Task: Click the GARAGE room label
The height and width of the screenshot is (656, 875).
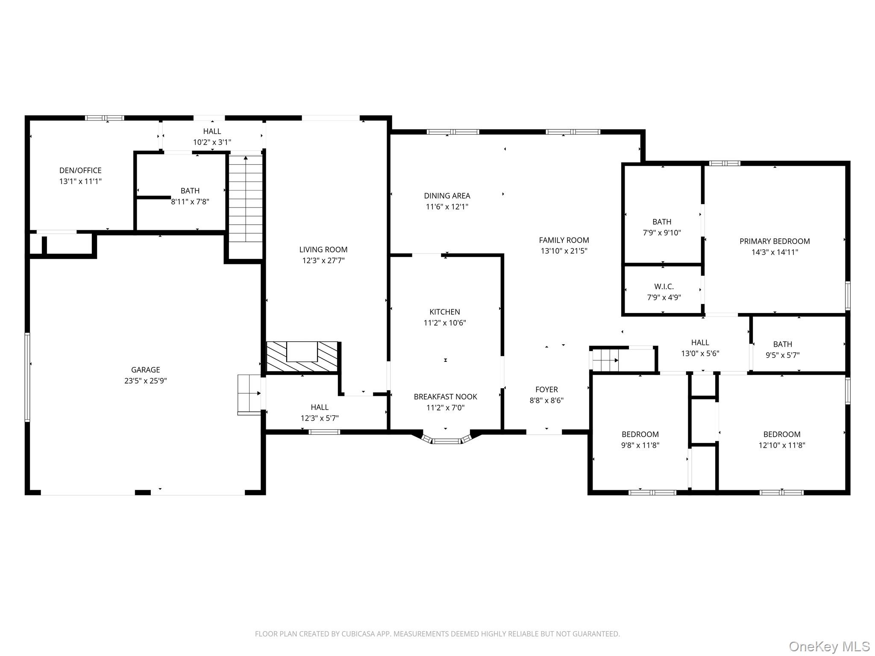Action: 145,370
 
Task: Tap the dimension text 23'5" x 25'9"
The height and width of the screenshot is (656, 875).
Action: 145,381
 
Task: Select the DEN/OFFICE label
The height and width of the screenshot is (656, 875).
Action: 80,170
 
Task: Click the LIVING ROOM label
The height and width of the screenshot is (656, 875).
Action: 323,250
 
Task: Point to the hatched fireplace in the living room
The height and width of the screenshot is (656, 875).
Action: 302,357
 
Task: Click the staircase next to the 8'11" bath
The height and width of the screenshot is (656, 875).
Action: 246,199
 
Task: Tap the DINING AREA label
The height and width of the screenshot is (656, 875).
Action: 447,196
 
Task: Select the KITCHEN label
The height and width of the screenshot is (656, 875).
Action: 444,312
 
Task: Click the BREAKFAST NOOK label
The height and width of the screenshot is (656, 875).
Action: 445,397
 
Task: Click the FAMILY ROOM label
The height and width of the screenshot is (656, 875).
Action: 564,240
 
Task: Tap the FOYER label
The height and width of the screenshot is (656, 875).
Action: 546,389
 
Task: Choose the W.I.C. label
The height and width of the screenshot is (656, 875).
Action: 664,287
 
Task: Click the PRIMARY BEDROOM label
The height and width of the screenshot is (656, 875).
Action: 774,241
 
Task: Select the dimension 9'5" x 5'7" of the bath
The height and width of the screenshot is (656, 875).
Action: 782,355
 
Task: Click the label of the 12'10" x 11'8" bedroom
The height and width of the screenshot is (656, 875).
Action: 781,434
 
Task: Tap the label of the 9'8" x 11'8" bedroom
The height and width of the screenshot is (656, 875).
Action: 640,434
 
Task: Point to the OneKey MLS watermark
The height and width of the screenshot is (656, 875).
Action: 829,646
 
